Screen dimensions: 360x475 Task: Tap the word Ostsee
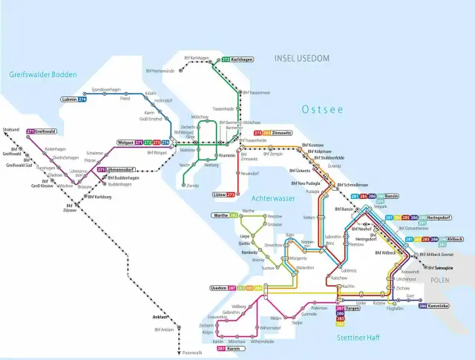pos(322,110)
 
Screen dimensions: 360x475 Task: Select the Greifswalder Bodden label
pos(43,73)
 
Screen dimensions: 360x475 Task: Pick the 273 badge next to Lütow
pos(230,194)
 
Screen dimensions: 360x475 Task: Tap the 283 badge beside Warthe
pos(233,216)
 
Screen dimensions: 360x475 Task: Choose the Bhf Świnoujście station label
pos(445,267)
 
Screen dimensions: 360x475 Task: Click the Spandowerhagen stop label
pos(105,89)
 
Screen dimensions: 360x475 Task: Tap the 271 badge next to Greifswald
pos(30,131)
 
